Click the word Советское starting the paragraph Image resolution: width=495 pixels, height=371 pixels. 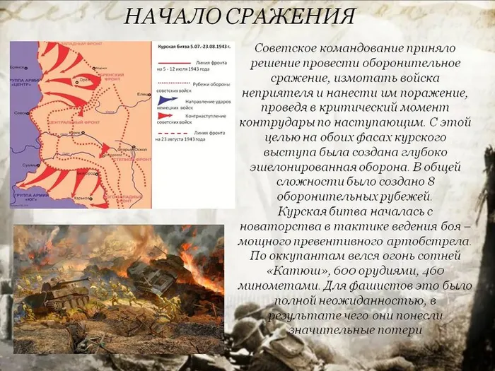point(285,48)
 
